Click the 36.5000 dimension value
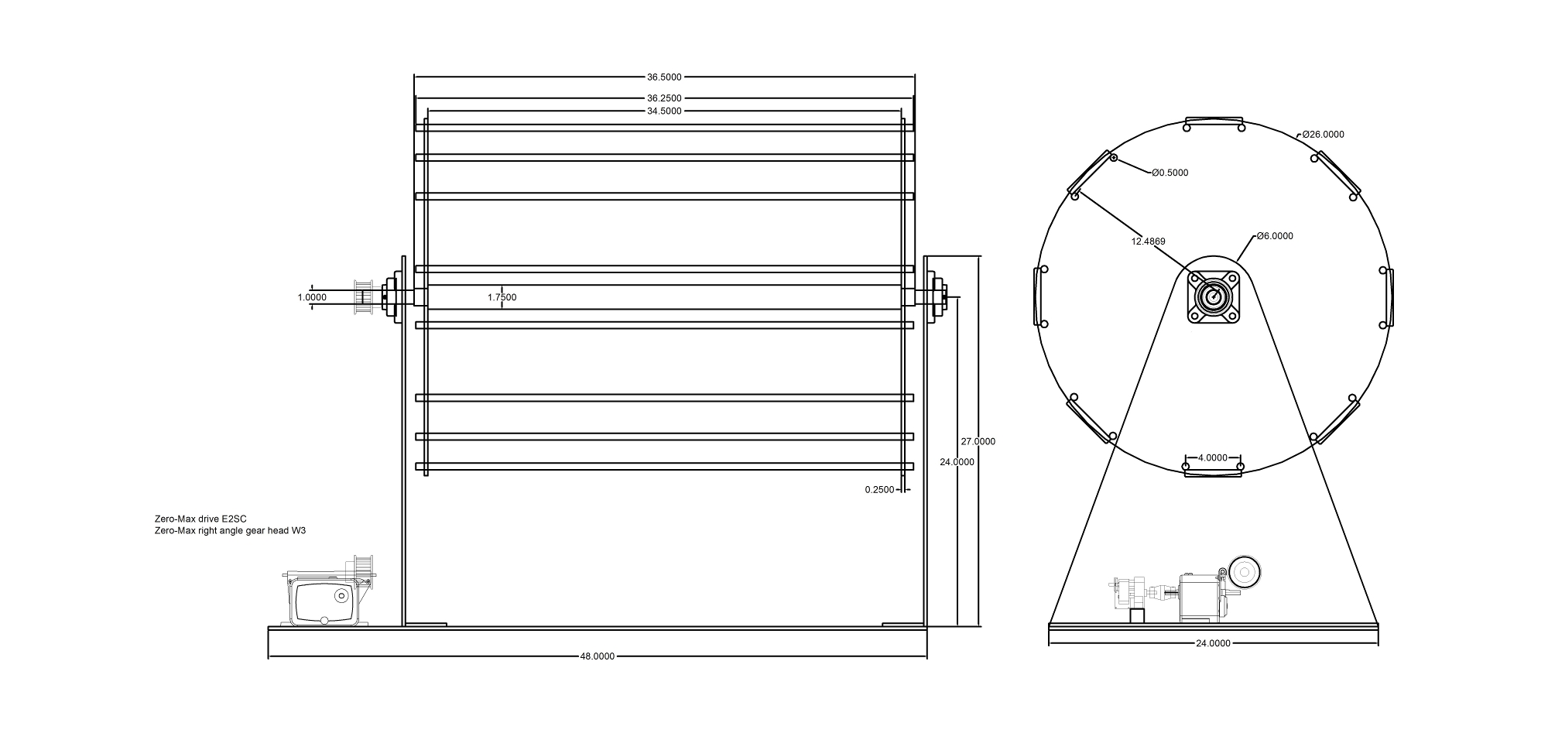click(664, 77)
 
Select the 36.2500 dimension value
click(664, 98)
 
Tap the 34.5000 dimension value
click(664, 111)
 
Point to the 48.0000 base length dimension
click(598, 656)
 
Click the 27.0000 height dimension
click(978, 441)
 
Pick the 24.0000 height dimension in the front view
click(957, 462)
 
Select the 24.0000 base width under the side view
click(1213, 643)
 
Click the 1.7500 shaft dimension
click(502, 297)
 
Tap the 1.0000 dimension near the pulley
click(312, 297)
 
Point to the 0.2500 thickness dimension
click(879, 489)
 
